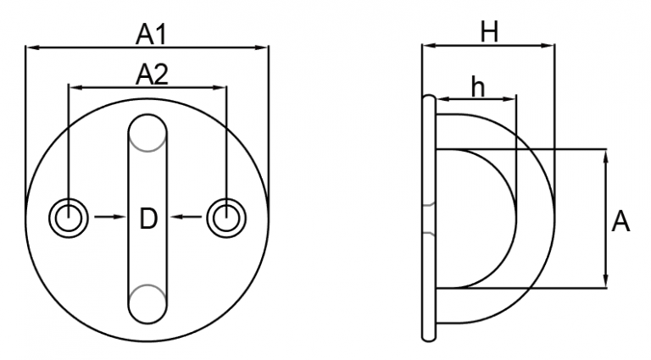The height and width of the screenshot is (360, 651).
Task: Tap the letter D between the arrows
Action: coord(147,219)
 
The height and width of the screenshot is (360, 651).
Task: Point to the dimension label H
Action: coord(489,32)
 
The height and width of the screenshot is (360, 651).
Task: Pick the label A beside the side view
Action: coord(620,221)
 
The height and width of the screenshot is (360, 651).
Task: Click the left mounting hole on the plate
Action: coord(68,218)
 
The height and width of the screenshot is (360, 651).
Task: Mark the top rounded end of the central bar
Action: coord(147,134)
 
